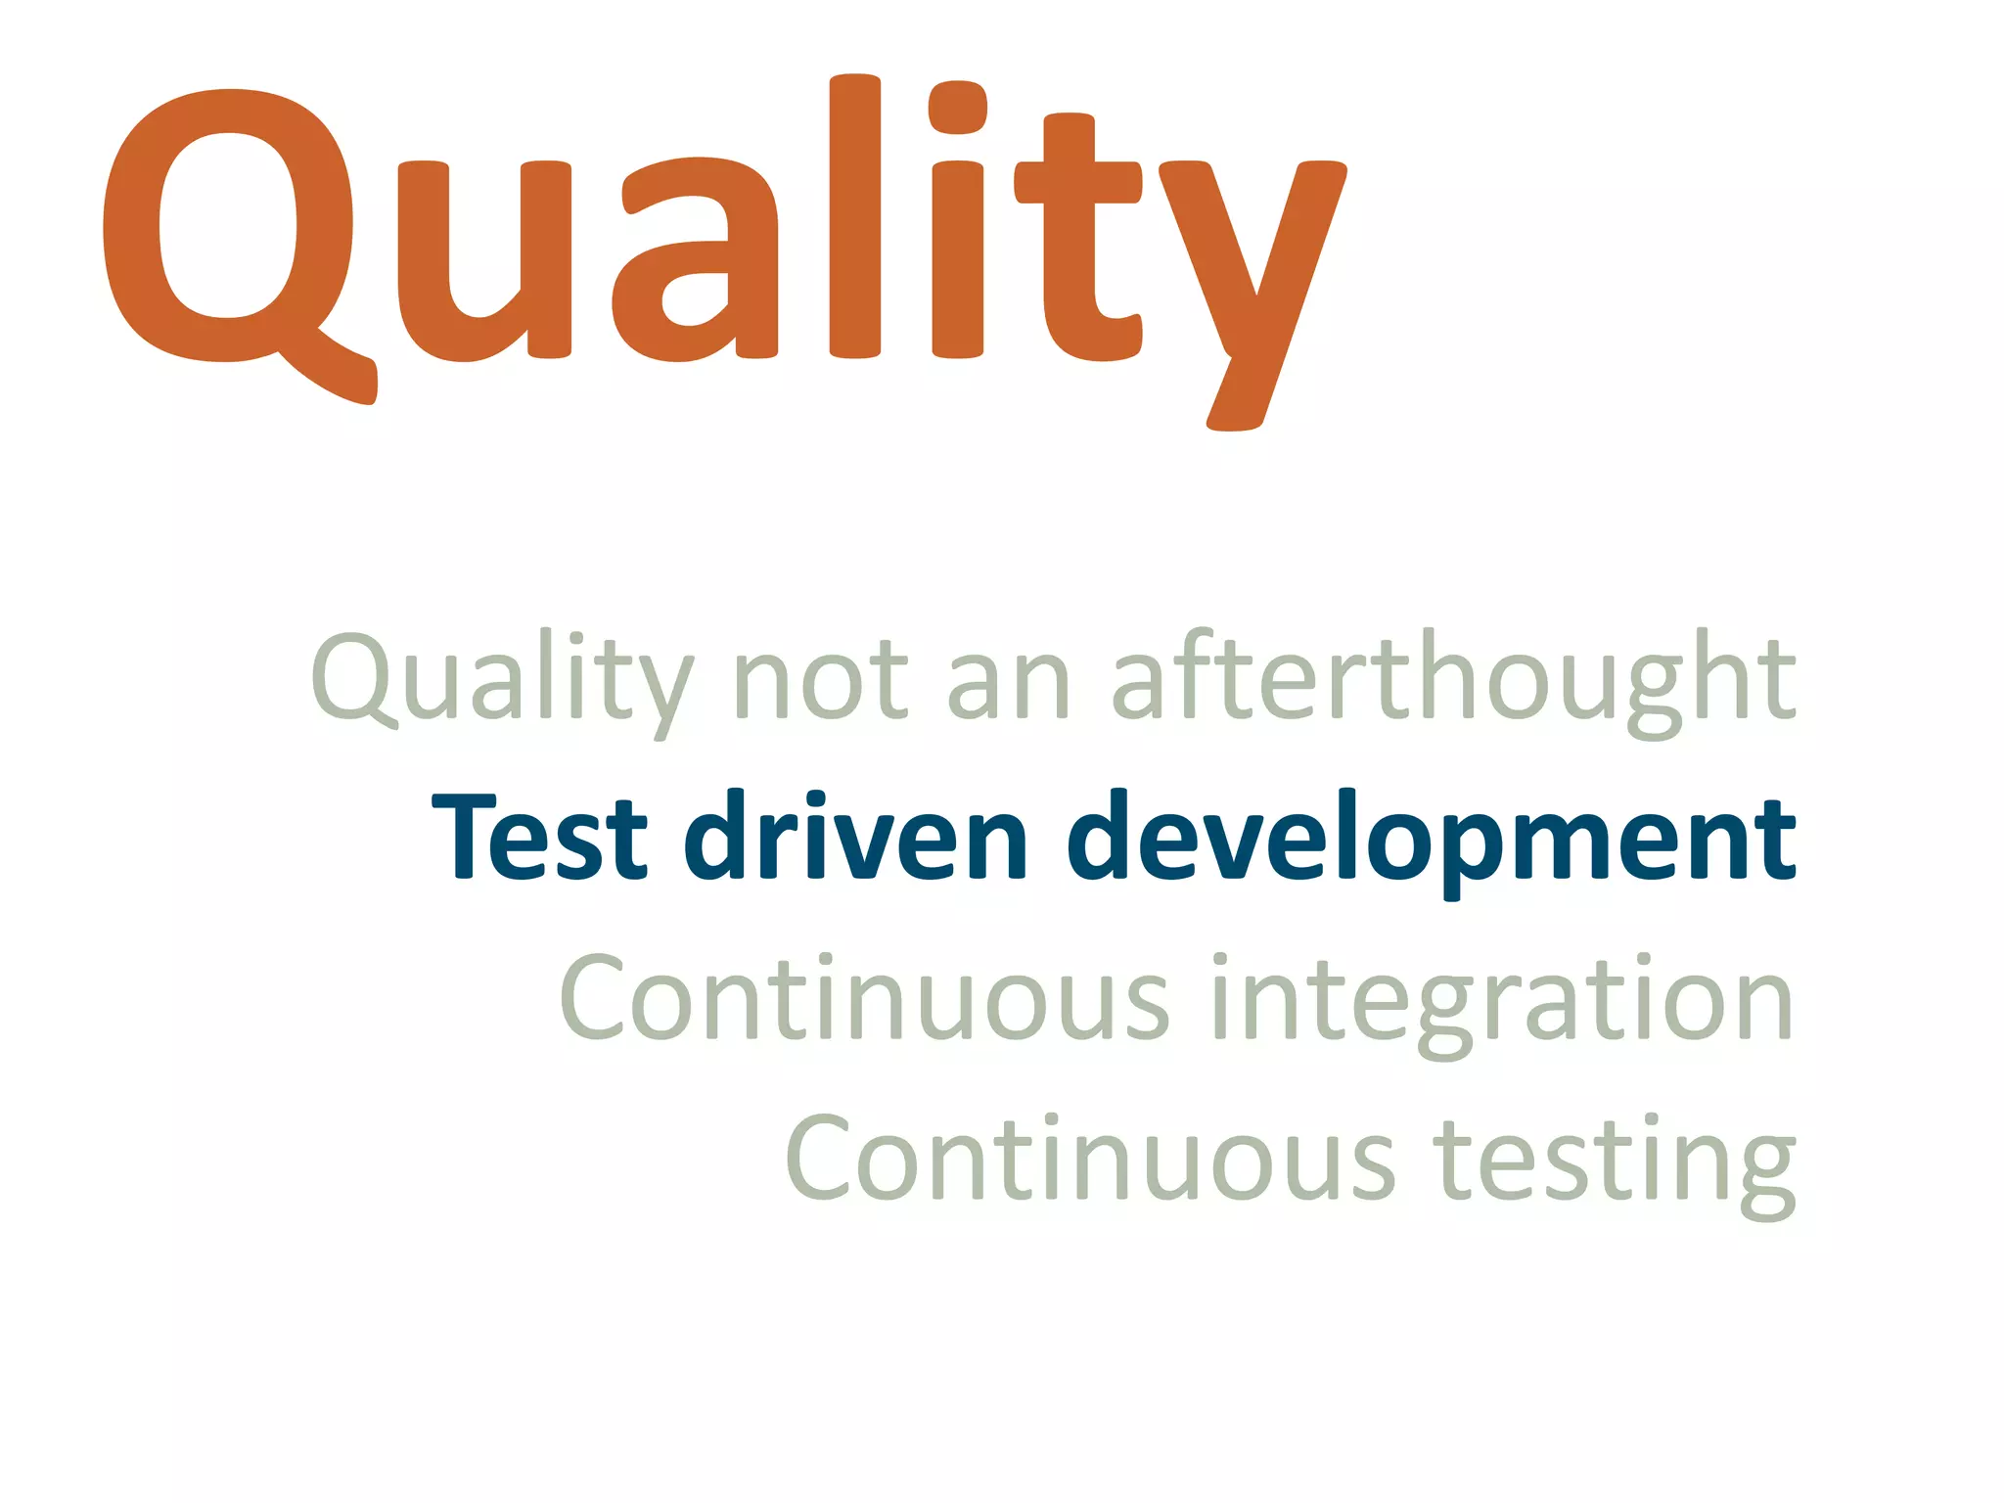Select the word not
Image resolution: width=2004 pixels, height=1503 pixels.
tap(820, 680)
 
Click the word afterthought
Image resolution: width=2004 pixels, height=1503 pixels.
tap(1454, 680)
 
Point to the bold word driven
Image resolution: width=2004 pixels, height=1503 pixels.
tap(856, 837)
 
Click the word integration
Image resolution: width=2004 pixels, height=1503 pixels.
tap(1502, 1003)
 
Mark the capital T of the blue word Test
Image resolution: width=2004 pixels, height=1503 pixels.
tap(466, 837)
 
